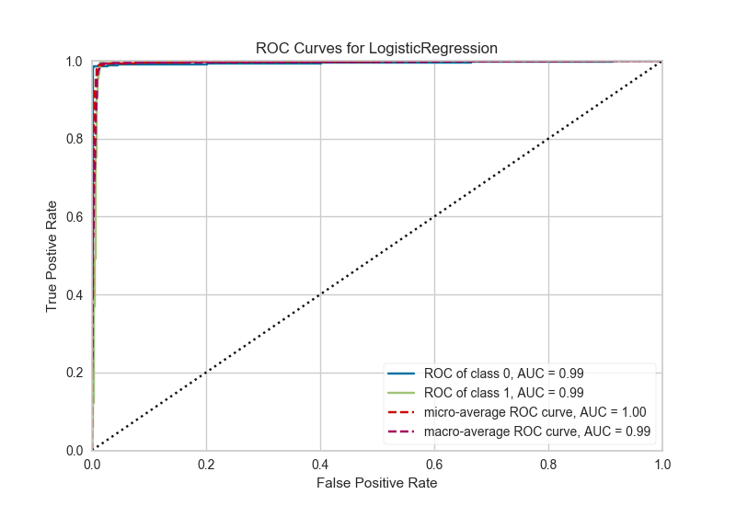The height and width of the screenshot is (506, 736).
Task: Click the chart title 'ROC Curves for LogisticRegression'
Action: pyautogui.click(x=376, y=47)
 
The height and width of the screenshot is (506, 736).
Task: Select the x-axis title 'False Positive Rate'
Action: pyautogui.click(x=376, y=482)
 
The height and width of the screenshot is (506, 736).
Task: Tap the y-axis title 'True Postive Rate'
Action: pyautogui.click(x=53, y=256)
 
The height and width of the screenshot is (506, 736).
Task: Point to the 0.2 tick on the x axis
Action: pyautogui.click(x=206, y=463)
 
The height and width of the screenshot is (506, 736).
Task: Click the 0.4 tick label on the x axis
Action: pyautogui.click(x=320, y=463)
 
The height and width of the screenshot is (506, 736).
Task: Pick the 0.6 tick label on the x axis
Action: pyautogui.click(x=434, y=463)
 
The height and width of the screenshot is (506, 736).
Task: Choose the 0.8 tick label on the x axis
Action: pyautogui.click(x=548, y=463)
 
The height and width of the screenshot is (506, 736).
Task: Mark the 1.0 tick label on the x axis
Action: pyautogui.click(x=662, y=463)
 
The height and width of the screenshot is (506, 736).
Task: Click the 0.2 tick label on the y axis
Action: pyautogui.click(x=75, y=373)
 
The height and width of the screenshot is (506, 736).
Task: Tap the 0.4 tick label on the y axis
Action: pyautogui.click(x=75, y=295)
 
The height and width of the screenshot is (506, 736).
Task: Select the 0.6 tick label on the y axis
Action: pyautogui.click(x=75, y=217)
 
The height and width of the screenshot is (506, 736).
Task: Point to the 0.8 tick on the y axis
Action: pyautogui.click(x=75, y=140)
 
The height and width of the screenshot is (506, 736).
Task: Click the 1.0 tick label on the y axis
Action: pyautogui.click(x=75, y=62)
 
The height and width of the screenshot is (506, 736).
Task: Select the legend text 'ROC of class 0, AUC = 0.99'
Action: pyautogui.click(x=503, y=374)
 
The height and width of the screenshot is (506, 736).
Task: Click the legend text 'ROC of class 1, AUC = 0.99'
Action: pyautogui.click(x=503, y=392)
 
